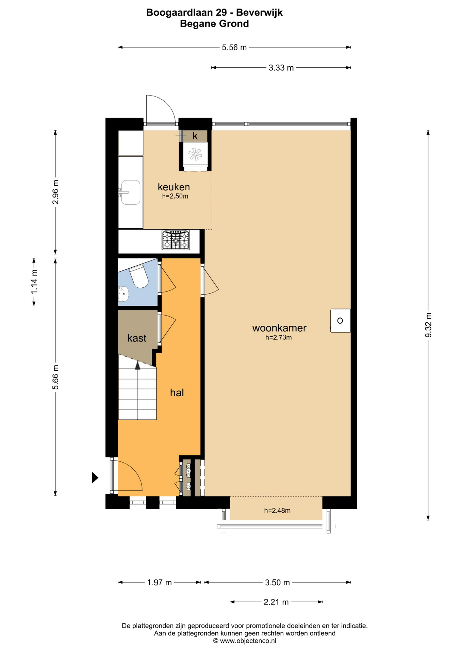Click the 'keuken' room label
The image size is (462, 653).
coord(174,187)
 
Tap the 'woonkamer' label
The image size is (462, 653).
coord(279,328)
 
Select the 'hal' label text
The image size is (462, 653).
coord(177,392)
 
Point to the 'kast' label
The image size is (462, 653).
coord(137,338)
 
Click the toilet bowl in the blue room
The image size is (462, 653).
coord(139,276)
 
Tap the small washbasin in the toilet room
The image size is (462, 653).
coord(123,294)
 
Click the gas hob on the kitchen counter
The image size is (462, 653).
coord(176,240)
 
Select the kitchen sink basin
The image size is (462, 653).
coord(131,192)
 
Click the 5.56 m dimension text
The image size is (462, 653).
coord(234,48)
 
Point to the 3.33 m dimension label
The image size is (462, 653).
coord(281,68)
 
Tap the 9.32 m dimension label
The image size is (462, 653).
coord(428,325)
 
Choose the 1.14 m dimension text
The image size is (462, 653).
coord(34,282)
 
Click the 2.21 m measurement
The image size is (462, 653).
coord(276,602)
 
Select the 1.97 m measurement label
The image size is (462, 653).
coord(160,582)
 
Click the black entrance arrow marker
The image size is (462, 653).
coord(95,478)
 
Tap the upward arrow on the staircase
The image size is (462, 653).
coord(137,365)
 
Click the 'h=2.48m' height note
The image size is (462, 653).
coord(277,510)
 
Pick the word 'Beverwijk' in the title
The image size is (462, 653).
coord(259,13)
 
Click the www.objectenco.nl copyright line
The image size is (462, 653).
coord(245,641)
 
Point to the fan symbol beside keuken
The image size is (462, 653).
coord(195,154)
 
